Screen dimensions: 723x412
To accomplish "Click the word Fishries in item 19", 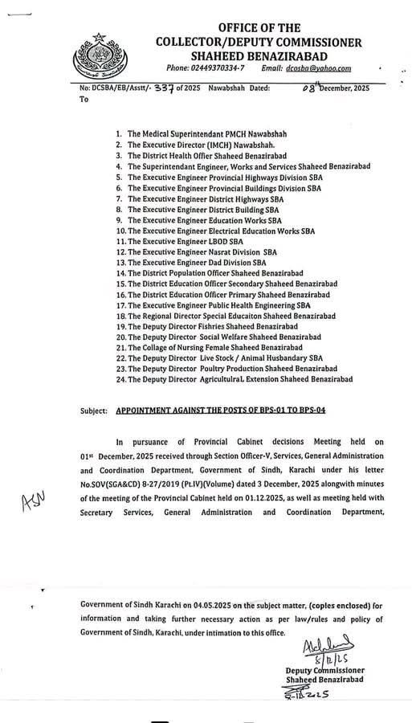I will (x=216, y=328).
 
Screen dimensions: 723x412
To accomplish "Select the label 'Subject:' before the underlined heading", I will (x=93, y=411).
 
